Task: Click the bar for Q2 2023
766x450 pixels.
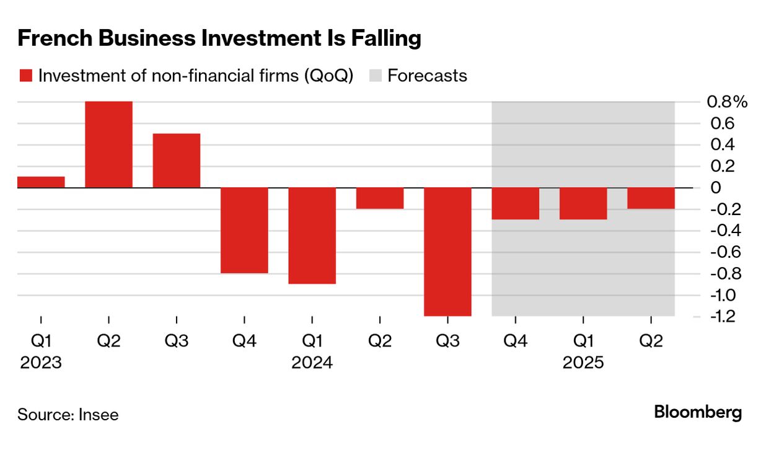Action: click(x=108, y=144)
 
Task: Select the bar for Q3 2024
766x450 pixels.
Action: click(x=447, y=252)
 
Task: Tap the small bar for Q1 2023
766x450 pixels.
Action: click(x=41, y=182)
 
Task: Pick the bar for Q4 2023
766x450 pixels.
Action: click(x=244, y=230)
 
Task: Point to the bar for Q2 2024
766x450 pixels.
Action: click(x=380, y=198)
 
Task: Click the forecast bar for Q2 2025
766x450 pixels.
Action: click(x=651, y=198)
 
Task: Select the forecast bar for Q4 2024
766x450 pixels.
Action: click(x=515, y=203)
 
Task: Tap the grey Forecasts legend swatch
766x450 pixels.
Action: click(x=375, y=76)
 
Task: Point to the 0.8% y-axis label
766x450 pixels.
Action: click(x=726, y=102)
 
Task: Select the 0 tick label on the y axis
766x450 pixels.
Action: click(x=716, y=187)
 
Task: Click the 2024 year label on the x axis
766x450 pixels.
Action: click(x=312, y=363)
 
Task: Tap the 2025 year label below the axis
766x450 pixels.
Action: click(x=583, y=363)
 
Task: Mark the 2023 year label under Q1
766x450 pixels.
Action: click(x=41, y=363)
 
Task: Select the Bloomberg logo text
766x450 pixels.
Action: click(x=698, y=412)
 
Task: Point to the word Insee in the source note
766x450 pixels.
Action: click(x=99, y=415)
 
